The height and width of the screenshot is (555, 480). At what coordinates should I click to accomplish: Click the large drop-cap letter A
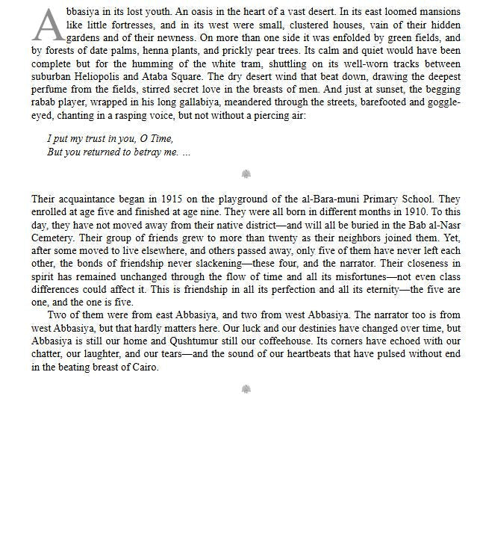[x=47, y=25]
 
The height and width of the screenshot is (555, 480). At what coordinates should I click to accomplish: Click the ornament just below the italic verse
[x=246, y=174]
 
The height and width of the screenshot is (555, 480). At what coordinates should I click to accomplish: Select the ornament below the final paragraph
[x=246, y=388]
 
